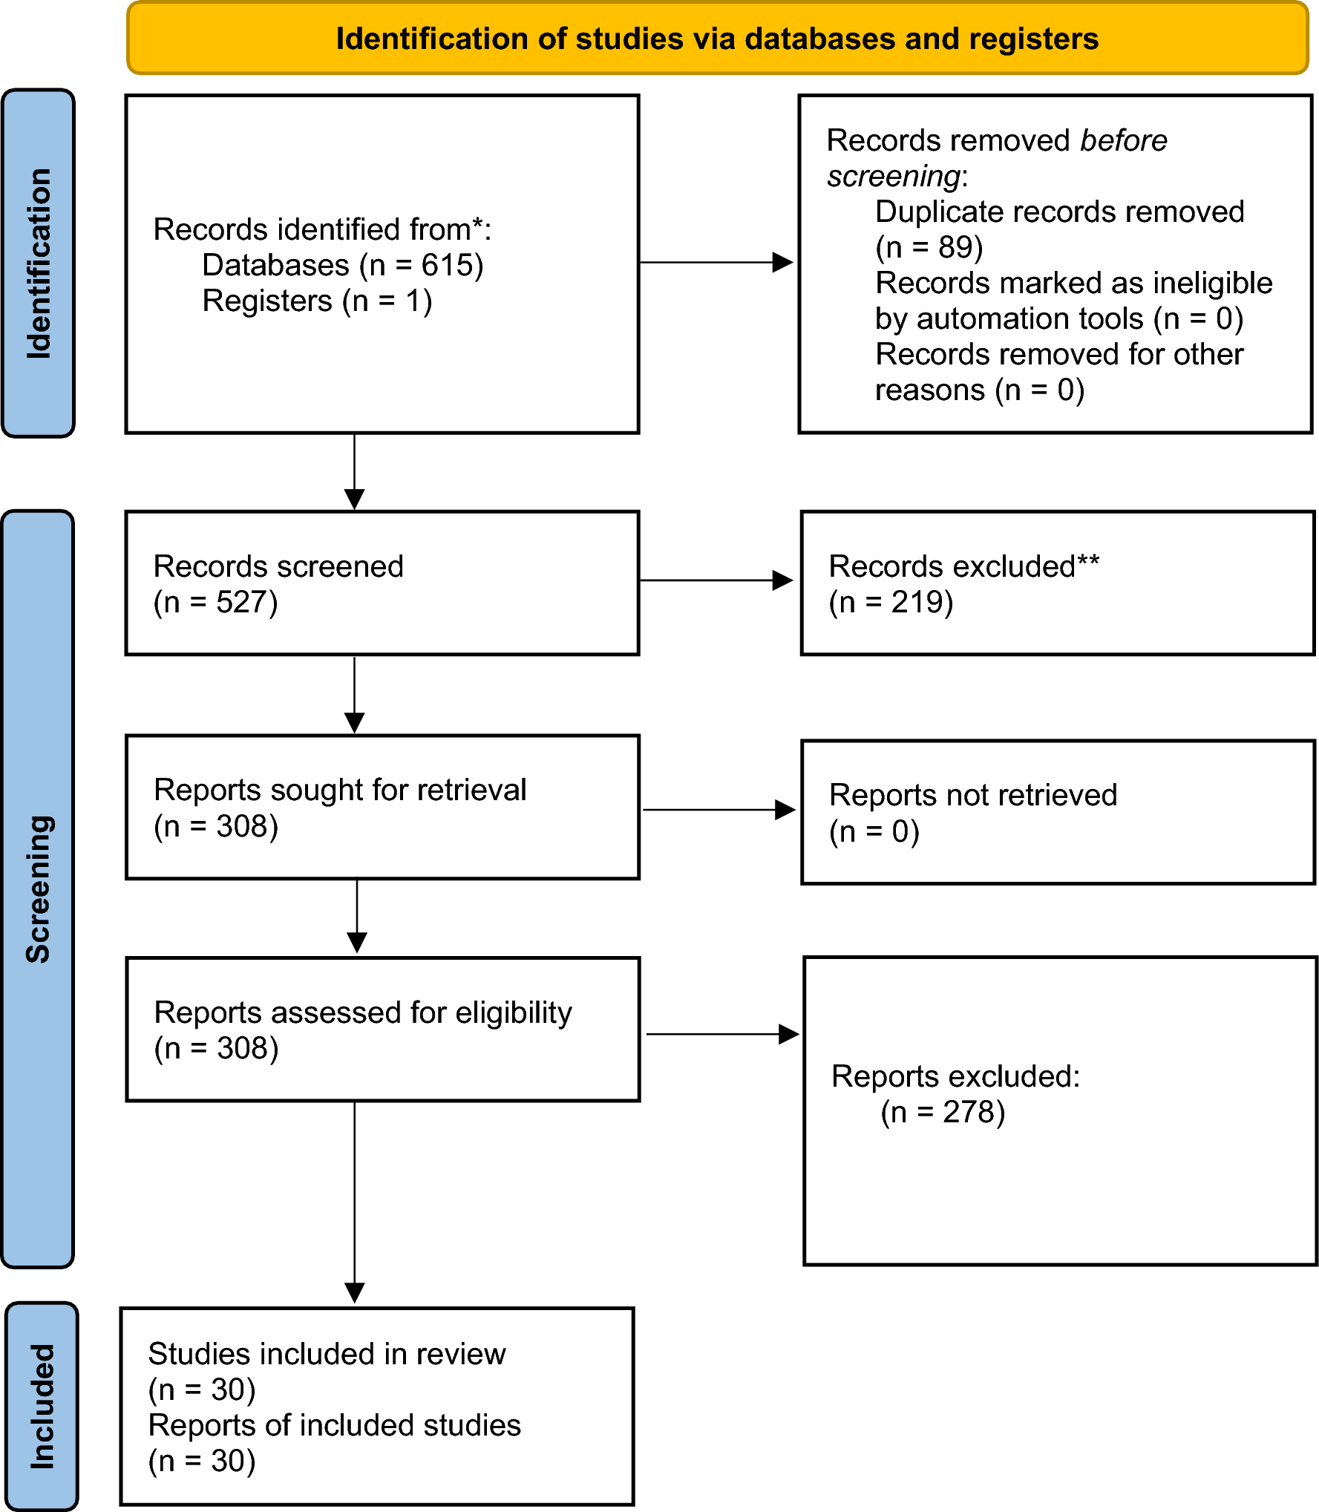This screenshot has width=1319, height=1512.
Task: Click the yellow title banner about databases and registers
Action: [x=717, y=39]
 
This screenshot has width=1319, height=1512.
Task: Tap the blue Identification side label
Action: [x=39, y=264]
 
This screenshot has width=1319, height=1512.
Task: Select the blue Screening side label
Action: [x=39, y=888]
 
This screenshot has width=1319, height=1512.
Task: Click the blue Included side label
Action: [x=42, y=1406]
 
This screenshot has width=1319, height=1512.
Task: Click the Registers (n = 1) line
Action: [x=317, y=301]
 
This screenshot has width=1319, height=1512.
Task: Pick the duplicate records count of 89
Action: [x=960, y=247]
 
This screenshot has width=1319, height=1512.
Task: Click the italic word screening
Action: [x=894, y=177]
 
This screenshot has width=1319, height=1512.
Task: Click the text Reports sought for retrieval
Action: [x=340, y=790]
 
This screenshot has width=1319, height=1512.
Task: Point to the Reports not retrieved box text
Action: [x=972, y=796]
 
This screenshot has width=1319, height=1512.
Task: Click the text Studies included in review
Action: [x=327, y=1354]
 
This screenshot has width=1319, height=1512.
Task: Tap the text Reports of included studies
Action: [x=334, y=1425]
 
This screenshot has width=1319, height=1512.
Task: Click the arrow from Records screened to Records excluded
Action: [x=716, y=580]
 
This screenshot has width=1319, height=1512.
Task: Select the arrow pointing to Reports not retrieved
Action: [x=719, y=810]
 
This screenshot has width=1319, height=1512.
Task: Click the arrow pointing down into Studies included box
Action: [x=355, y=1202]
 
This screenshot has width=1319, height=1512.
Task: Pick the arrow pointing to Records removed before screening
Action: [x=716, y=262]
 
